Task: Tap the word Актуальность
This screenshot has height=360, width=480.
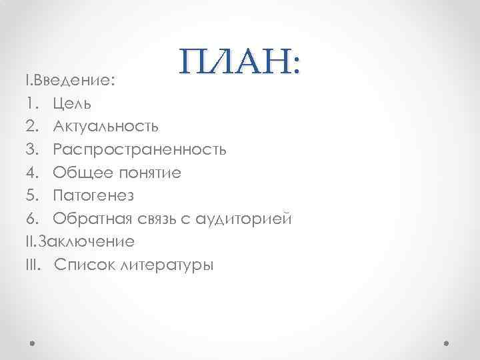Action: [106, 127]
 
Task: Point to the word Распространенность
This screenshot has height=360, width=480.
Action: [140, 149]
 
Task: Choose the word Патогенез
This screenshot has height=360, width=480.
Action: [94, 195]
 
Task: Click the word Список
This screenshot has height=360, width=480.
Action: [83, 265]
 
